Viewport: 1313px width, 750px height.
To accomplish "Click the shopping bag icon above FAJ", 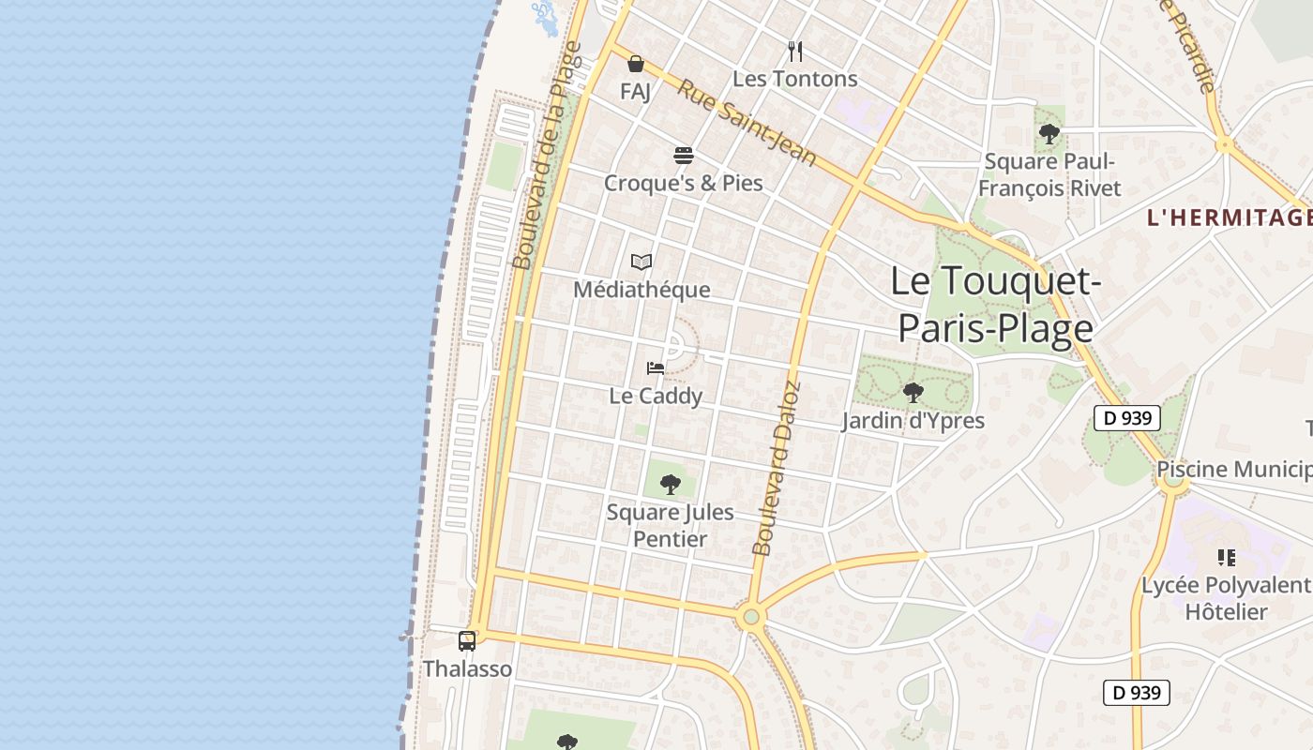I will (x=636, y=64).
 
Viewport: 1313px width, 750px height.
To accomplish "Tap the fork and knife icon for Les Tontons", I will (x=795, y=51).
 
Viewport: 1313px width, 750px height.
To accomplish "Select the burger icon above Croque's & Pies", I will (x=683, y=155).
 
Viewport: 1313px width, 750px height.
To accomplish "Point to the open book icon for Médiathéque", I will (x=641, y=262).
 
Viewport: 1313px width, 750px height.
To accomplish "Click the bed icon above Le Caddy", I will (x=656, y=368).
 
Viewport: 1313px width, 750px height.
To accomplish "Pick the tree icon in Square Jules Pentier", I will (x=670, y=484).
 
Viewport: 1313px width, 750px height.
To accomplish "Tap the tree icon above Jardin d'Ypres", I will (x=913, y=392).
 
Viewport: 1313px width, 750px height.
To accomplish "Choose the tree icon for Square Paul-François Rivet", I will (x=1049, y=133).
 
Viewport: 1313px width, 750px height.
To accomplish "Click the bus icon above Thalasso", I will (x=467, y=641).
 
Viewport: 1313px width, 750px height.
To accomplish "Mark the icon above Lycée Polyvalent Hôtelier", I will (x=1226, y=558).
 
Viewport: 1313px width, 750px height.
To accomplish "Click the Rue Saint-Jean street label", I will (x=747, y=122).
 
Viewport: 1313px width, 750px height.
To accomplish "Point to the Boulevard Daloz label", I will (x=776, y=469).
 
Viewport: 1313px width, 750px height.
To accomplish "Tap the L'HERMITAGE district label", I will (x=1229, y=217).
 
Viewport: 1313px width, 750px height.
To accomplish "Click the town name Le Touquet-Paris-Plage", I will (x=995, y=304).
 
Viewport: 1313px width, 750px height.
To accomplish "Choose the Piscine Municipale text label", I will (x=1234, y=469).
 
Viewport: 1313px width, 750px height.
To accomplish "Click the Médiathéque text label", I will (x=641, y=290).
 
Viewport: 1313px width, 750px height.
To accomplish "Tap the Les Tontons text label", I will (x=795, y=79).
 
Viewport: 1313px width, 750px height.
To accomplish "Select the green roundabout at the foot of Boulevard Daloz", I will (x=749, y=617).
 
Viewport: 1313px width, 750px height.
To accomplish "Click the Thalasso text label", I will (x=467, y=668).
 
